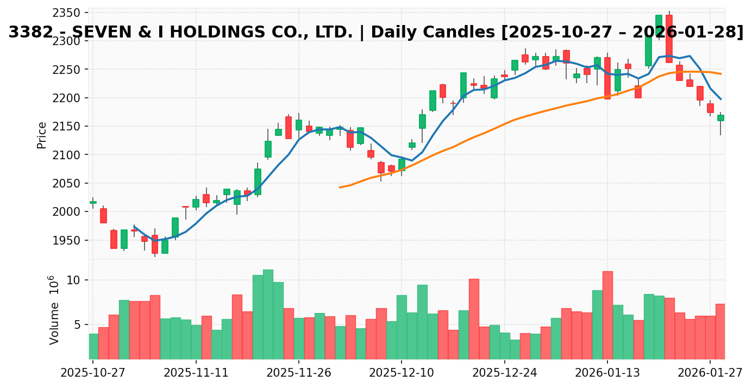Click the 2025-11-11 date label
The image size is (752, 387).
[x=196, y=372]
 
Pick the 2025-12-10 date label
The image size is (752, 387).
[x=401, y=372]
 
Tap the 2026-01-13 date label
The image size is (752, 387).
[x=607, y=372]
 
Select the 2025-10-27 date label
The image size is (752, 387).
[x=92, y=372]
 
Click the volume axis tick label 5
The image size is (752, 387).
[x=77, y=324]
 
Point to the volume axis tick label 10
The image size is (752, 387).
[x=73, y=280]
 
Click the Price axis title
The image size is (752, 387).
[x=42, y=135]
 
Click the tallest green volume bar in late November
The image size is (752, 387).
[x=268, y=314]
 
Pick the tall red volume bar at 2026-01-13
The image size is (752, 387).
[x=607, y=315]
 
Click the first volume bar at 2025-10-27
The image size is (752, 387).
[x=93, y=346]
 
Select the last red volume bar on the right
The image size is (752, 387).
[x=720, y=332]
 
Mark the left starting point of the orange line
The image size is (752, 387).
[x=340, y=188]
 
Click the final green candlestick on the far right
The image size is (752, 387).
[x=720, y=117]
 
